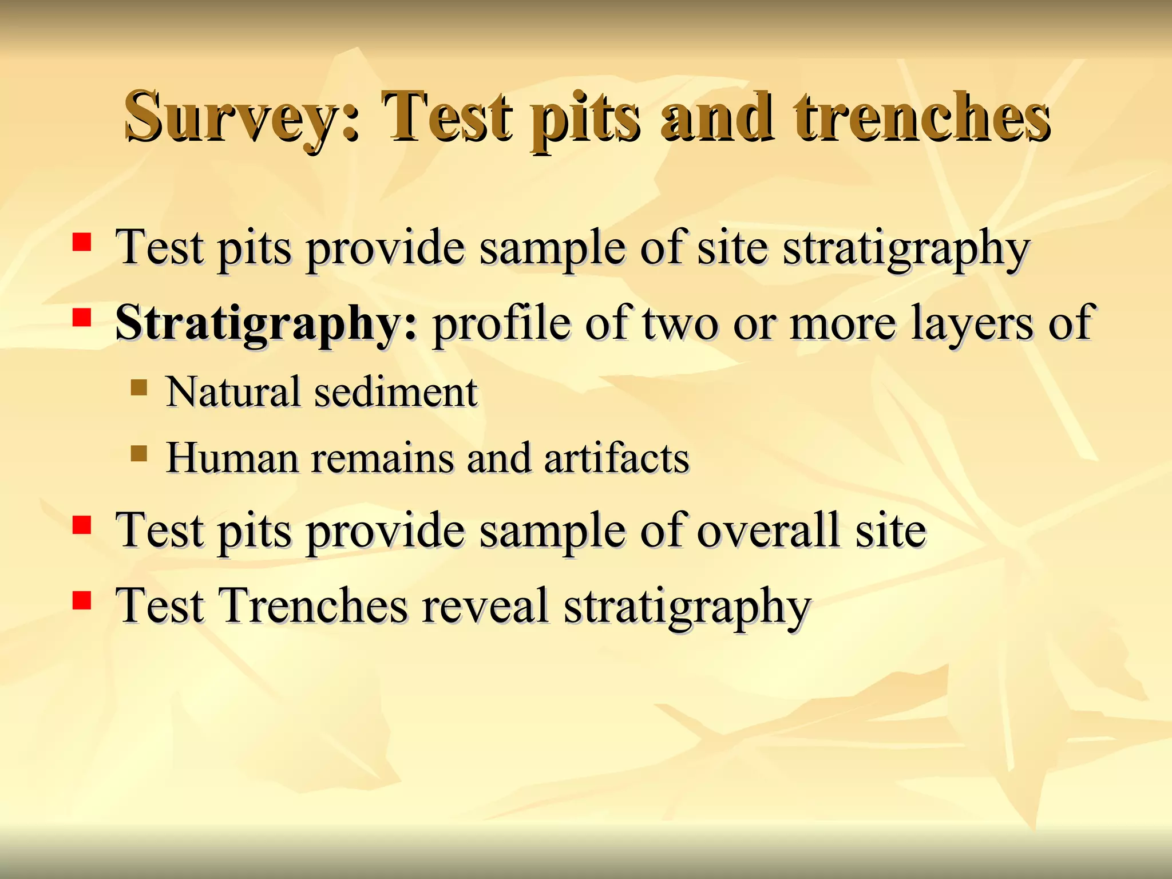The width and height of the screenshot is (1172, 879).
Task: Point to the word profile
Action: [501, 323]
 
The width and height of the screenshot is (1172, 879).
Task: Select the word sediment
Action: [396, 393]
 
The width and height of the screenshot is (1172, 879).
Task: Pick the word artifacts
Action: [617, 458]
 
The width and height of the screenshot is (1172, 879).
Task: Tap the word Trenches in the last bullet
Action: [314, 606]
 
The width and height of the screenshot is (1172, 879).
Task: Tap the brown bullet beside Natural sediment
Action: [138, 388]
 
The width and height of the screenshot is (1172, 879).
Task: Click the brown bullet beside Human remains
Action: [138, 454]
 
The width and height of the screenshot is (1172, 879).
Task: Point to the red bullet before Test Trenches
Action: [82, 600]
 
